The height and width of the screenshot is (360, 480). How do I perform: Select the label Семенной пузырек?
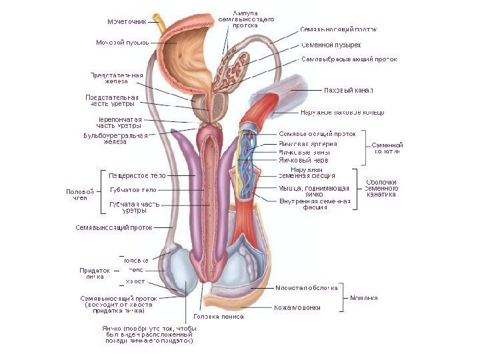331,45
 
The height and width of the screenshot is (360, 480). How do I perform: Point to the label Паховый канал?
347,89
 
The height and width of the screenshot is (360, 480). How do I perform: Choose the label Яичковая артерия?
307,143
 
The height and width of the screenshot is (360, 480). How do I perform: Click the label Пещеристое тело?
137,175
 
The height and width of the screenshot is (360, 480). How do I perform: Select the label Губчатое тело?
133,190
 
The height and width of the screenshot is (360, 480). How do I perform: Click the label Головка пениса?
218,316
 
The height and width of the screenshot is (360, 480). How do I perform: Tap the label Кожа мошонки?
297,307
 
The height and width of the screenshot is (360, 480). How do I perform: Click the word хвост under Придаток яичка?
135,281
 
